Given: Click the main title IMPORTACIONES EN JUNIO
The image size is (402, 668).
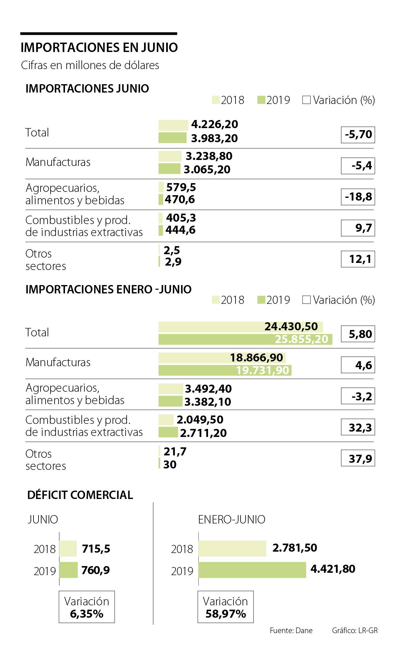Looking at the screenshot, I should click(x=99, y=48).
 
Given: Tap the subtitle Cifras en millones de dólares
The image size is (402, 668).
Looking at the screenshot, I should click(x=90, y=65).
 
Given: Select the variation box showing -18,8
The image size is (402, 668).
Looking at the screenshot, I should click(x=358, y=197).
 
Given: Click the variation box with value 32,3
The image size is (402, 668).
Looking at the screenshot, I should click(x=358, y=428).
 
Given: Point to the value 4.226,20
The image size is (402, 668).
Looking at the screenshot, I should click(x=214, y=124).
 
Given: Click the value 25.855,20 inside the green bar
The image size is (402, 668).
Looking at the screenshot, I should click(x=301, y=339).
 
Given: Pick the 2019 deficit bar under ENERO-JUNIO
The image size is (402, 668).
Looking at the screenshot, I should click(x=252, y=570).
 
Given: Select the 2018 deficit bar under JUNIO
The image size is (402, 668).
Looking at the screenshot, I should click(x=68, y=549).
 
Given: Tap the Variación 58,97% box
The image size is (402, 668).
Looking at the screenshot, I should click(x=225, y=607).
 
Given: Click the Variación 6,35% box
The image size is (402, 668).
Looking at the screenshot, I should click(x=87, y=607).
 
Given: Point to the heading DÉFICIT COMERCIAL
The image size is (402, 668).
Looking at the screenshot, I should click(x=80, y=495).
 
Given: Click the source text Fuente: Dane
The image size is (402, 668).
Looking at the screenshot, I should click(x=291, y=630).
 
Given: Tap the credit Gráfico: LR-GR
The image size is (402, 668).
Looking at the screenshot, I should click(x=355, y=630).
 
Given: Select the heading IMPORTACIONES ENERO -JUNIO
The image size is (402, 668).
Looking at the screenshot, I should click(x=108, y=289).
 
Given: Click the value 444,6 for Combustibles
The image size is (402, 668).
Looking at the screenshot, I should click(x=180, y=230).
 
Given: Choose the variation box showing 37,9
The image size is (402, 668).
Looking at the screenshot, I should click(x=358, y=458).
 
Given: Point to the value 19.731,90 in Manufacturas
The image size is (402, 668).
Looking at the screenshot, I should click(x=262, y=370).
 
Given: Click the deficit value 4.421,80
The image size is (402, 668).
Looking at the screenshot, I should click(x=333, y=569).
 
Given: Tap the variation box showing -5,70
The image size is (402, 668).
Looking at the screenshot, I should click(x=358, y=135).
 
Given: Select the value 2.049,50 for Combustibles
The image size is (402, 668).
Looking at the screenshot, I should click(x=200, y=420).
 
